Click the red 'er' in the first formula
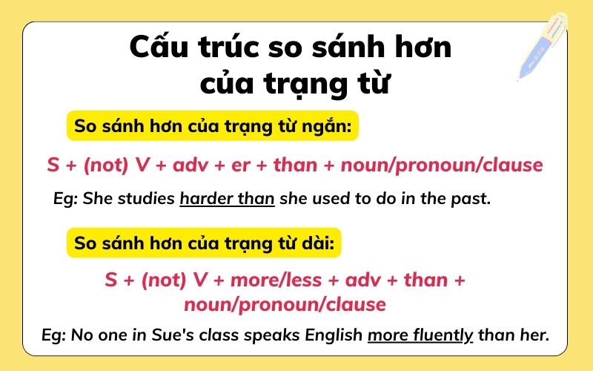pos(239,165)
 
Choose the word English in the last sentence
pos(334,335)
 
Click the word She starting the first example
pos(99,199)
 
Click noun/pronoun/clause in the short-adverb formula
pos(442,165)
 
